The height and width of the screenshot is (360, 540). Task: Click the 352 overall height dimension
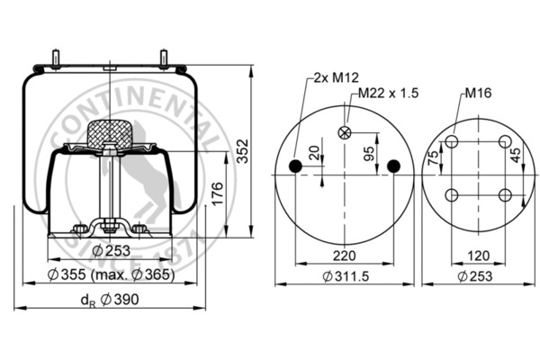[x=243, y=151]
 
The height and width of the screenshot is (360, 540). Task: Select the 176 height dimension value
[x=217, y=194]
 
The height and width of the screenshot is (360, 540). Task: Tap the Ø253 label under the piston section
[x=112, y=250]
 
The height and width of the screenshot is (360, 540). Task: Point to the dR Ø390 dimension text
[x=110, y=300]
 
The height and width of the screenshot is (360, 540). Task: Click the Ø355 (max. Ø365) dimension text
[x=111, y=274]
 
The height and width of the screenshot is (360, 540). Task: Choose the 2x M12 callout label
[x=336, y=77]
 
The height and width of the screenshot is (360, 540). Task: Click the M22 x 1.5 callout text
[x=388, y=93]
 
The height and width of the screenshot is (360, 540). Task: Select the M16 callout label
[x=478, y=93]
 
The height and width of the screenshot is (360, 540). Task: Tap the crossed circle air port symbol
[x=345, y=132]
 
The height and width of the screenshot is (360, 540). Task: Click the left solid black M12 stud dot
[x=295, y=166]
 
